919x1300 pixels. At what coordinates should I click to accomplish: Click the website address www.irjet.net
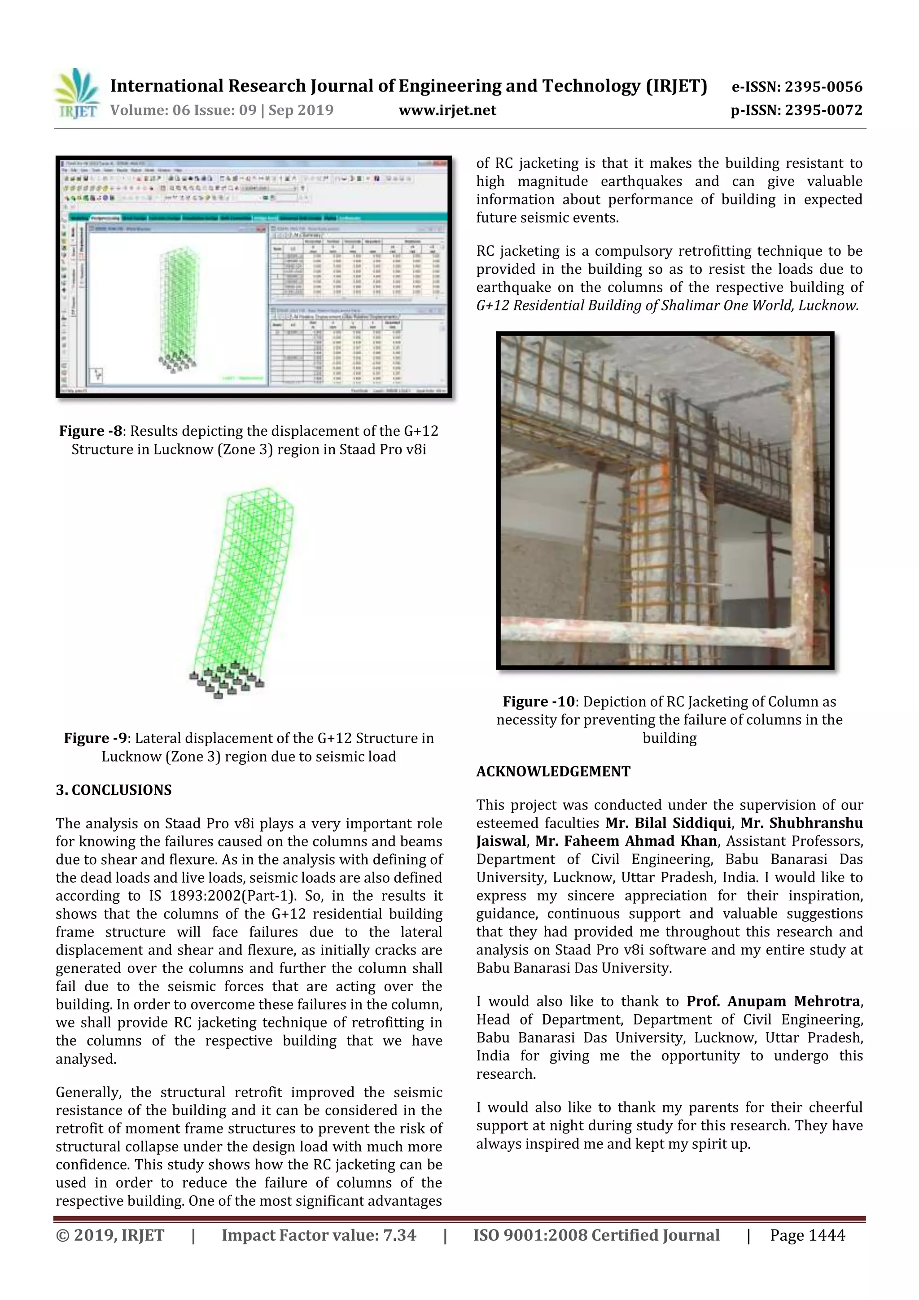pyautogui.click(x=447, y=110)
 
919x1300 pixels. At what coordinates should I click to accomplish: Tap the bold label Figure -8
pyautogui.click(x=91, y=431)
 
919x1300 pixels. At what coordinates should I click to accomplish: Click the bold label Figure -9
pyautogui.click(x=95, y=738)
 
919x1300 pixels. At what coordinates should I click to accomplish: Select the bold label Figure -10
pyautogui.click(x=538, y=701)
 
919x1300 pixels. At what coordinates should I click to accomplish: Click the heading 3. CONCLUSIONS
pyautogui.click(x=113, y=790)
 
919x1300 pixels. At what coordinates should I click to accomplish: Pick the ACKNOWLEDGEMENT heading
pyautogui.click(x=553, y=771)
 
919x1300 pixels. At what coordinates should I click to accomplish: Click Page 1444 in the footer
pyautogui.click(x=807, y=1235)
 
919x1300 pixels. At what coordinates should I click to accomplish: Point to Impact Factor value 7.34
pyautogui.click(x=319, y=1235)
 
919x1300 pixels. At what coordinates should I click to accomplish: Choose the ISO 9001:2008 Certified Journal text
pyautogui.click(x=596, y=1235)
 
